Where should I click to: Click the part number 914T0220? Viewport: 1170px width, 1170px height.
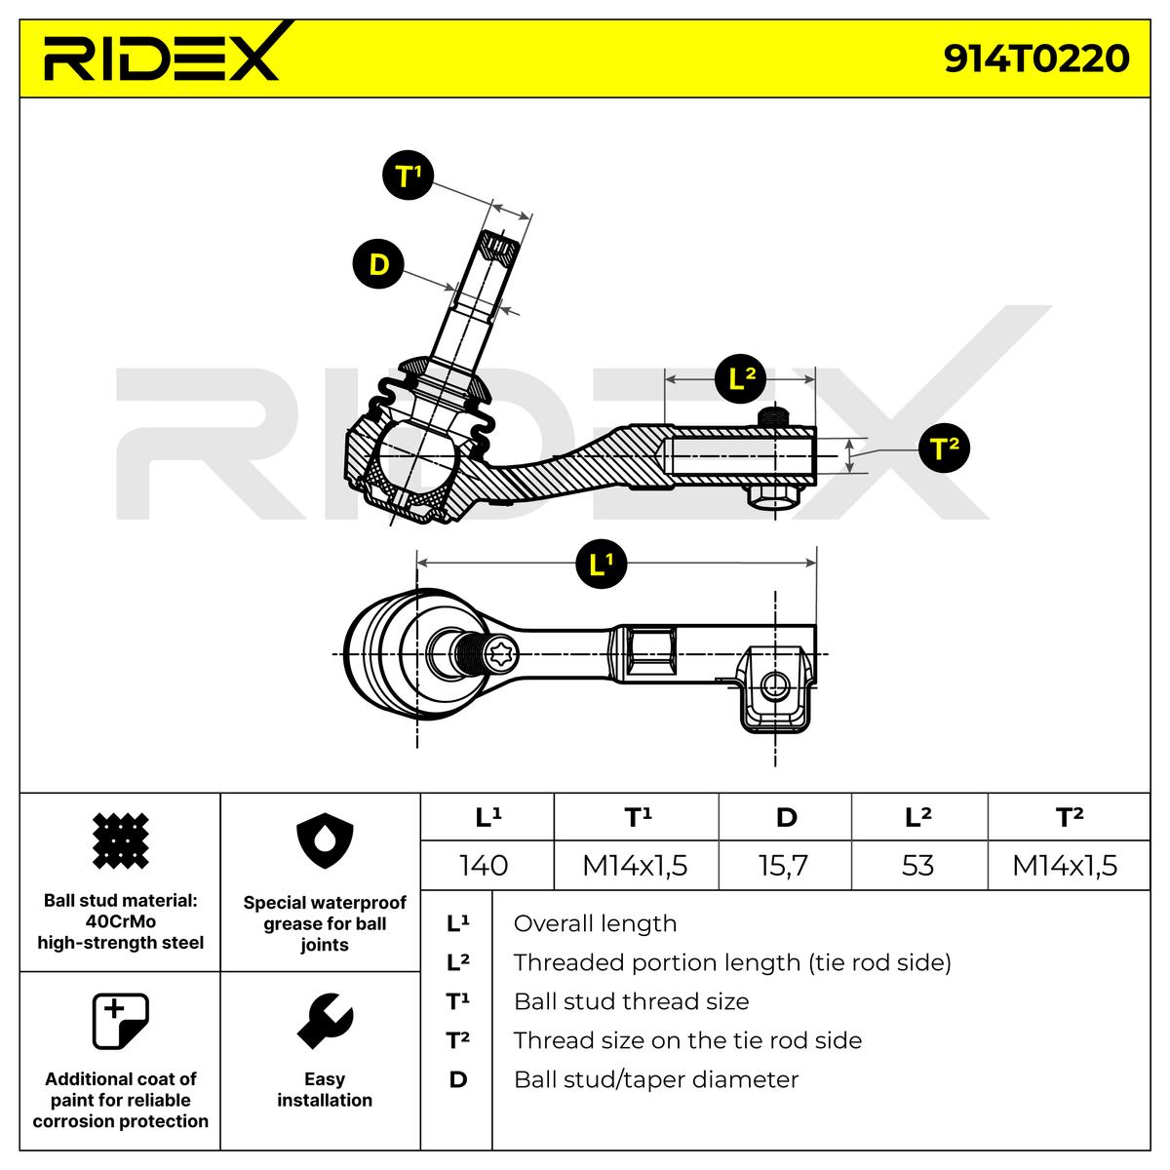(1035, 58)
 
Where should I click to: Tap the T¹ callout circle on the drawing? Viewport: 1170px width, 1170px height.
(408, 175)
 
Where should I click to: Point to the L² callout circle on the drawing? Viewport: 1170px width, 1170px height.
(741, 379)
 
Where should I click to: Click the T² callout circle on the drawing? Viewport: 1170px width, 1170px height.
(945, 448)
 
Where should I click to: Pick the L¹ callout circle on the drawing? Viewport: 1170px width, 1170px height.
(602, 564)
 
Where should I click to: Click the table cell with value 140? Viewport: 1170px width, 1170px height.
(484, 865)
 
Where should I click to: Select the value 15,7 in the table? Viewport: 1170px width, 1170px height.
(783, 865)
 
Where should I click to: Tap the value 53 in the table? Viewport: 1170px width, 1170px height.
(917, 865)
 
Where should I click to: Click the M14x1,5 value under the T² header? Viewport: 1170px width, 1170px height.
(1065, 865)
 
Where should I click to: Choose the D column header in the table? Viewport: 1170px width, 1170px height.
(786, 817)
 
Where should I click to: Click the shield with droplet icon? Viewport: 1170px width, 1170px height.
(325, 839)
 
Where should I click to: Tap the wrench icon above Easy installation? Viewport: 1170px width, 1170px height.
(325, 1021)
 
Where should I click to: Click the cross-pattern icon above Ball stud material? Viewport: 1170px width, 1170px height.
(120, 840)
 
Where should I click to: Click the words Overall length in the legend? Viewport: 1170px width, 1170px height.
(595, 923)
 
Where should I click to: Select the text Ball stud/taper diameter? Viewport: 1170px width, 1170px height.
(656, 1079)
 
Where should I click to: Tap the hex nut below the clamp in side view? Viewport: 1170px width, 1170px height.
(771, 495)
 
